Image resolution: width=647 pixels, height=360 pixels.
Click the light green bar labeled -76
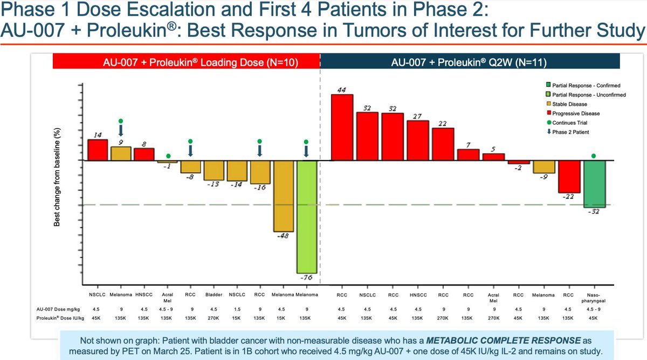(307, 217)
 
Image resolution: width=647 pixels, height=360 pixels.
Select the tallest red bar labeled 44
(342, 127)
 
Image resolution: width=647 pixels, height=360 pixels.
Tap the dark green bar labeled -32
(594, 184)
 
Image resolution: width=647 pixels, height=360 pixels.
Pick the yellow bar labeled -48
(284, 196)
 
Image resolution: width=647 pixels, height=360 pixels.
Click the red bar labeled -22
(569, 177)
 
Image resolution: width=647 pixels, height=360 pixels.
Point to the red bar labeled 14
(98, 150)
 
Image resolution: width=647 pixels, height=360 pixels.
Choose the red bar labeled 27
(418, 141)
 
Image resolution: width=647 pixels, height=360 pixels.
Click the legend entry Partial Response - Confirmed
(583, 86)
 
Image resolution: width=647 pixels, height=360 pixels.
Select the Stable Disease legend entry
(567, 104)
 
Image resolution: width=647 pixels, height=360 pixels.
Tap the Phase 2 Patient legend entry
(568, 132)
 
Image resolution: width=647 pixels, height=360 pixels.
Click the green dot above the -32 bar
(594, 156)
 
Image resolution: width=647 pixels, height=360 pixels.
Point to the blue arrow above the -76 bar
(306, 151)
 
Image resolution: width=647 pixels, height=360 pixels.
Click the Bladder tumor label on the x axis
(214, 295)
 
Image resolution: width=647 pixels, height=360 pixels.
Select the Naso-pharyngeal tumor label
(594, 298)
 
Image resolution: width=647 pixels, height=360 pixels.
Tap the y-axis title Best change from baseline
(57, 177)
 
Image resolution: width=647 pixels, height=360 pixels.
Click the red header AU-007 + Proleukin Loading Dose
(187, 61)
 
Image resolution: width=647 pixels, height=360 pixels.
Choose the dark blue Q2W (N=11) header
(470, 61)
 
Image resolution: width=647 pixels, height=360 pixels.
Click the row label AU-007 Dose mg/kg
(58, 309)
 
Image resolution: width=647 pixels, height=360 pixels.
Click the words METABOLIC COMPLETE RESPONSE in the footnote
(504, 341)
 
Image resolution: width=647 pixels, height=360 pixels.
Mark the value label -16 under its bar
(260, 188)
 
